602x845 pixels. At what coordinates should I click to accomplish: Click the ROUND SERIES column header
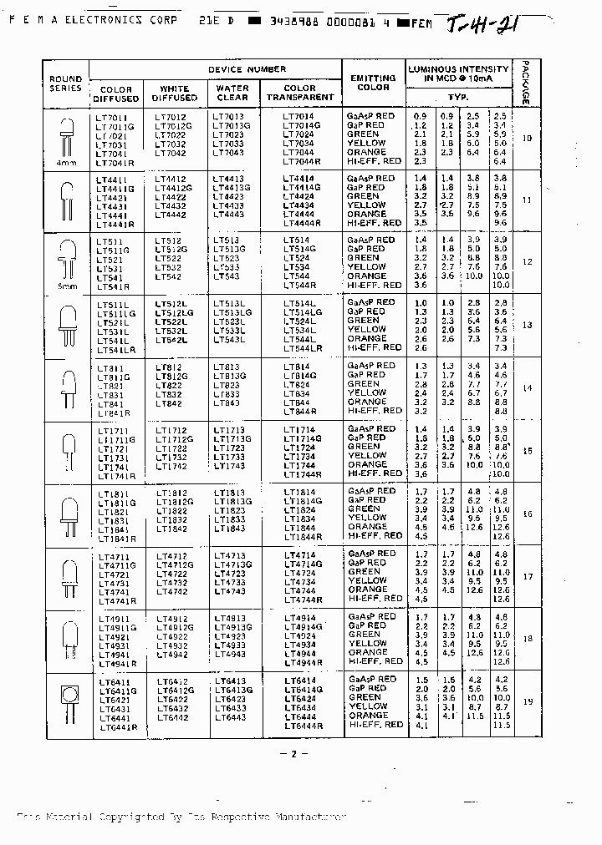(66, 83)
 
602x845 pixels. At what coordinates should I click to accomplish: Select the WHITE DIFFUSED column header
(174, 93)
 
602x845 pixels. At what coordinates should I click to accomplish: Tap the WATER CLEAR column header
(232, 93)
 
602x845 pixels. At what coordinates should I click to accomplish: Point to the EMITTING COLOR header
(373, 82)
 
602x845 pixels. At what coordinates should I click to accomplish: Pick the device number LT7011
(112, 118)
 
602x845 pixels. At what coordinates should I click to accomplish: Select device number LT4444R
(302, 223)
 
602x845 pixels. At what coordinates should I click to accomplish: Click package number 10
(527, 138)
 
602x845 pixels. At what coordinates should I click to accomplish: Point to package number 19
(527, 701)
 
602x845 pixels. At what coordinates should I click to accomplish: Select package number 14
(527, 388)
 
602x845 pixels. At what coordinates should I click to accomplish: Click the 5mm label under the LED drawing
(66, 286)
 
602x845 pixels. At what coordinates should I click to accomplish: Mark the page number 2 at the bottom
(293, 754)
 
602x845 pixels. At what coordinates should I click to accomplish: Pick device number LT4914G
(302, 626)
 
